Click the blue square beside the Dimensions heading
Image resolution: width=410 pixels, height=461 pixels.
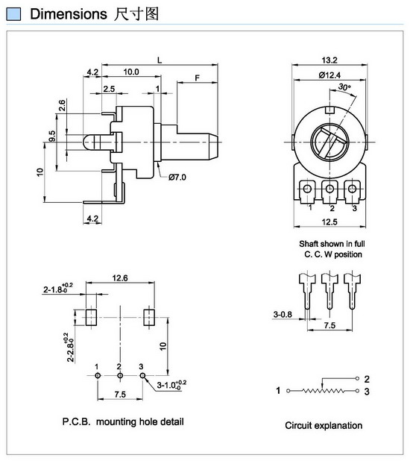click(x=13, y=14)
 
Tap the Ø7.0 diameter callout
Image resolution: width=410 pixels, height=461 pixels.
click(x=177, y=177)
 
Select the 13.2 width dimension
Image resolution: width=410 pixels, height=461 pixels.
click(x=329, y=60)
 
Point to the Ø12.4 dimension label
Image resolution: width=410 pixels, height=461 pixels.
click(x=329, y=75)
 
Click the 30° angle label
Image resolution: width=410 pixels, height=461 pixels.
click(x=344, y=87)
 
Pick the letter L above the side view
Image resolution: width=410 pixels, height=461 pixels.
click(x=160, y=60)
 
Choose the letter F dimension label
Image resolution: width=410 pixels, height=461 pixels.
click(x=198, y=78)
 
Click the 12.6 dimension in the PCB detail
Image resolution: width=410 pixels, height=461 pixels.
click(x=120, y=277)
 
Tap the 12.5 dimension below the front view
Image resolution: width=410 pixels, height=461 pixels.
click(x=329, y=222)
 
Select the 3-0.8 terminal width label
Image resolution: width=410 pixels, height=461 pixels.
click(x=283, y=314)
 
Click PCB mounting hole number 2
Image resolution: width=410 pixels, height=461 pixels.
click(x=120, y=376)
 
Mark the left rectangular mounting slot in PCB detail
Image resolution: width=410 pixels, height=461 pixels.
click(x=91, y=318)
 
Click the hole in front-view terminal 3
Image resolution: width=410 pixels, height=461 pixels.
click(x=352, y=189)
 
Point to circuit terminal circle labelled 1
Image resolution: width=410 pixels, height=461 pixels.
click(x=288, y=391)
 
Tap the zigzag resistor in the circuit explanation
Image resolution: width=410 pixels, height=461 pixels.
click(x=323, y=391)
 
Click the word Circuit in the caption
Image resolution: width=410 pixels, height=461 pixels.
click(x=298, y=425)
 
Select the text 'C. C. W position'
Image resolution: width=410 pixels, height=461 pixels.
click(x=333, y=254)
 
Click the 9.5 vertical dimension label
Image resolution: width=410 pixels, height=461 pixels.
click(x=51, y=136)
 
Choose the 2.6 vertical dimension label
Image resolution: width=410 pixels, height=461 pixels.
click(x=62, y=105)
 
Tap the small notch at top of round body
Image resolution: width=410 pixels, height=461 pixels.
click(x=330, y=110)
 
